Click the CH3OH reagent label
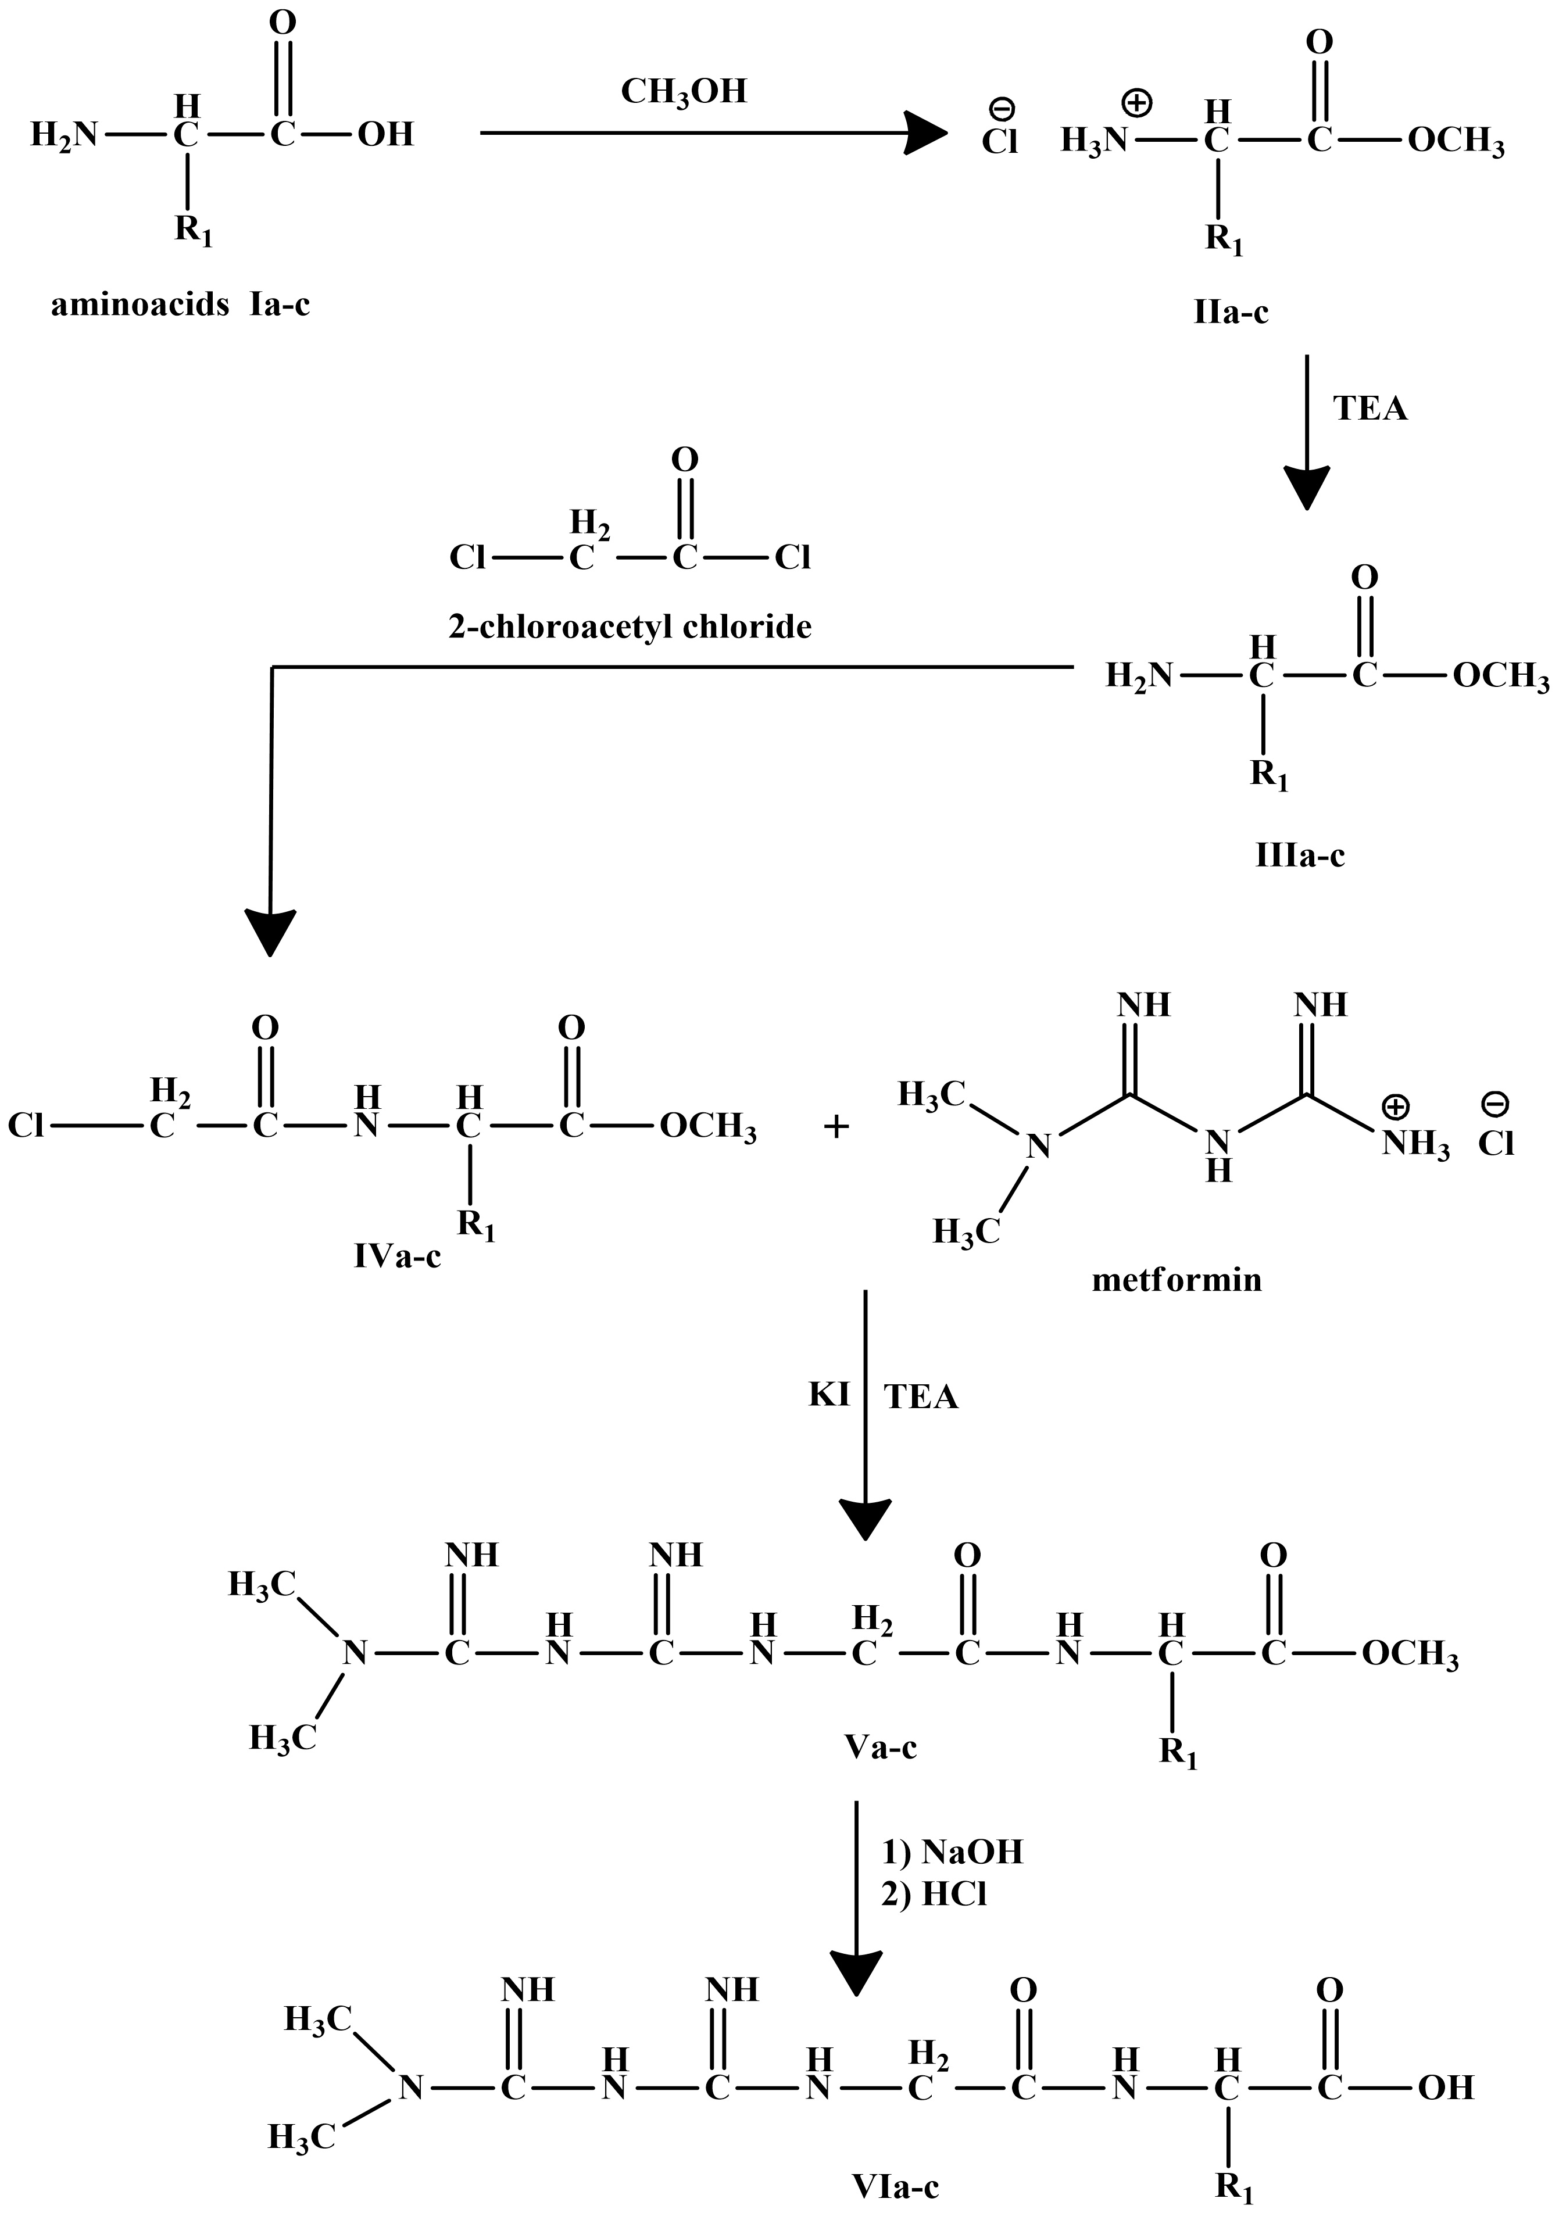pyautogui.click(x=684, y=92)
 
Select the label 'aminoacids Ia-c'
pyautogui.click(x=181, y=306)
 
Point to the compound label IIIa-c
pyautogui.click(x=1300, y=855)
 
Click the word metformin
pyautogui.click(x=1177, y=1280)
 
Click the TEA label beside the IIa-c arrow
pyautogui.click(x=1371, y=409)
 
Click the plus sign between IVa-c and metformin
pyautogui.click(x=835, y=1126)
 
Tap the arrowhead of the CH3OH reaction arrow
pyautogui.click(x=924, y=133)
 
